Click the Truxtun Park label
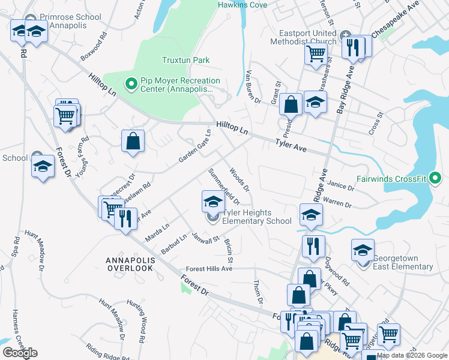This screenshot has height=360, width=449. click(x=185, y=60)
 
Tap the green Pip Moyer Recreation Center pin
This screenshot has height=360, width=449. click(x=129, y=85)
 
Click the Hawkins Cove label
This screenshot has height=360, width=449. click(x=242, y=5)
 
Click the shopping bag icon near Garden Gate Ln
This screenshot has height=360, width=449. click(x=133, y=142)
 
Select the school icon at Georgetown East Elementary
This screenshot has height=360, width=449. click(x=363, y=250)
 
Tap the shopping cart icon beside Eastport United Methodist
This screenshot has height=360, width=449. click(x=316, y=53)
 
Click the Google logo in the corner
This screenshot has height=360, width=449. click(x=20, y=353)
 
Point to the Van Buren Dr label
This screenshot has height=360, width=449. click(x=253, y=87)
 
